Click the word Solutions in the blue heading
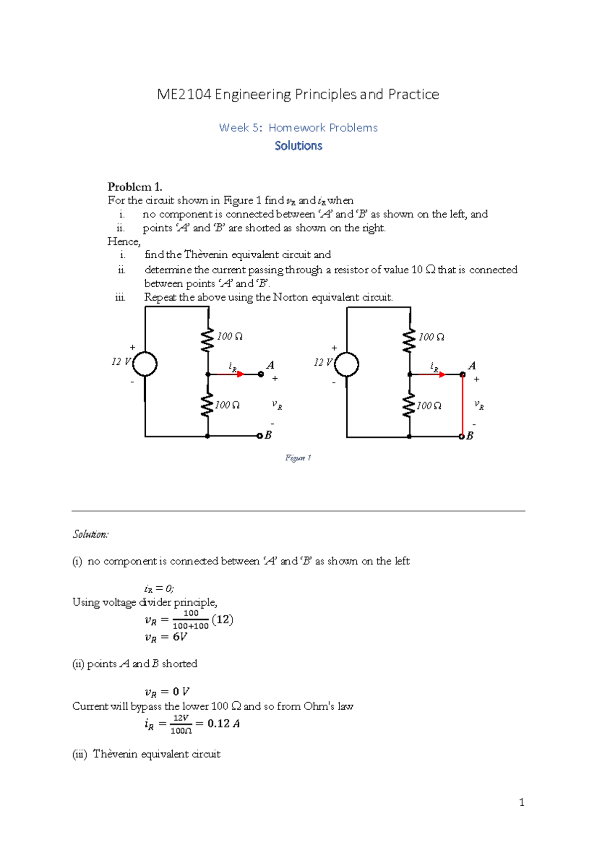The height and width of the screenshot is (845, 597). [298, 146]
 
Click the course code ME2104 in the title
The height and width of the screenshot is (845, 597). [184, 95]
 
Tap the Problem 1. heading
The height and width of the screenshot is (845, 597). [135, 187]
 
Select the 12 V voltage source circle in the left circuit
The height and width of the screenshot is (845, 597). [145, 364]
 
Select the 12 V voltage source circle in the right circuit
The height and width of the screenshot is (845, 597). [347, 364]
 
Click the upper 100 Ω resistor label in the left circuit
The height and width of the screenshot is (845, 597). [230, 336]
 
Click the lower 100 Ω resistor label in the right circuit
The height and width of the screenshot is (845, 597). [429, 406]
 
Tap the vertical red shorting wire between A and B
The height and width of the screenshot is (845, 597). [463, 406]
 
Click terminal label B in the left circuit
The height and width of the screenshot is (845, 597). [268, 435]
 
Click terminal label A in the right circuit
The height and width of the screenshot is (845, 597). [472, 366]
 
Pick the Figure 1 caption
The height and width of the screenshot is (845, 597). [298, 458]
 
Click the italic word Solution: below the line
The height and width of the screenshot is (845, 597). [91, 534]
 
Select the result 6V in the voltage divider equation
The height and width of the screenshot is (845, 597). [180, 637]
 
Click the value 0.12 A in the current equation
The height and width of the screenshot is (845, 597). [223, 724]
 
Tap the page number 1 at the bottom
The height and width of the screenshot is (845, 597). [521, 802]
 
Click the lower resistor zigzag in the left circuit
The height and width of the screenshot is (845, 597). [207, 406]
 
